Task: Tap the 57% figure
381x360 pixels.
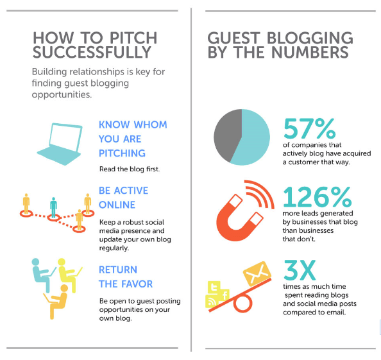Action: tap(309, 128)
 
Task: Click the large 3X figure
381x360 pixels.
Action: tap(300, 270)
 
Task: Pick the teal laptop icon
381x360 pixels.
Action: tap(60, 144)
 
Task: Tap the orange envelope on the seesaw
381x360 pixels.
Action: tap(257, 273)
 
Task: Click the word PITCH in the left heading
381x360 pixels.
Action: tap(133, 38)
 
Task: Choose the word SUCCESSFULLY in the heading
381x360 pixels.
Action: tap(92, 52)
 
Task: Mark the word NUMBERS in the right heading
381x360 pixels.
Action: tap(310, 52)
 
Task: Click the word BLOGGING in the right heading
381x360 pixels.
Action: tap(310, 38)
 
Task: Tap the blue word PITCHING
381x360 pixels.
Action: tap(122, 153)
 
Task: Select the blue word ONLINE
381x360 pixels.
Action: tap(117, 205)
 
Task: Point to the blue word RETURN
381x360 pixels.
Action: tap(118, 270)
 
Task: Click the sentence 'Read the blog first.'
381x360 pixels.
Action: tap(130, 169)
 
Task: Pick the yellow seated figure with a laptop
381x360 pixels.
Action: tap(69, 275)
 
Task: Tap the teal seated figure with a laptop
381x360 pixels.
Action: tap(43, 275)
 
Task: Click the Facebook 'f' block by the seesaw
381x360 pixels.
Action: tap(224, 295)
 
